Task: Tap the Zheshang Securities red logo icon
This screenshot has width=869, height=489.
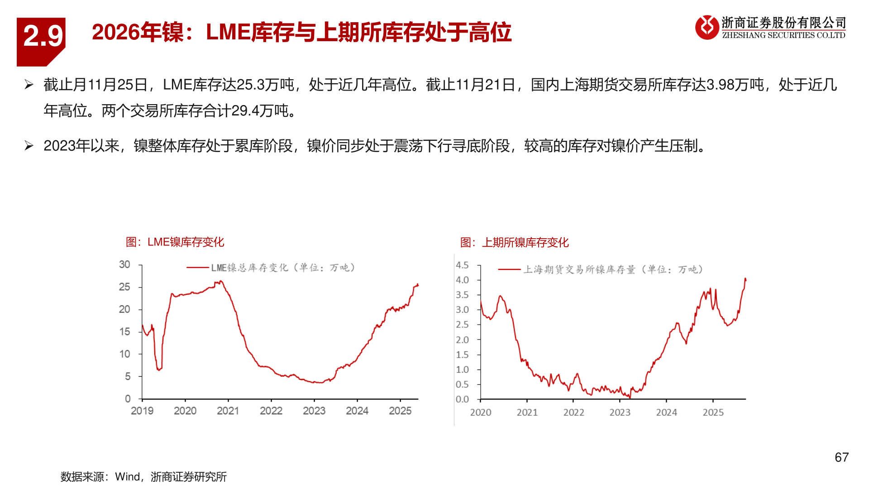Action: (707, 27)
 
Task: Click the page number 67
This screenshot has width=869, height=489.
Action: (841, 457)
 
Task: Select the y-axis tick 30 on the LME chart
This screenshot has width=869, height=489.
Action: (124, 264)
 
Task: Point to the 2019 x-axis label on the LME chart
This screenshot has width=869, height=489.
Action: (142, 411)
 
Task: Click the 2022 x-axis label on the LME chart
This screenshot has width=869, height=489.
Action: (271, 411)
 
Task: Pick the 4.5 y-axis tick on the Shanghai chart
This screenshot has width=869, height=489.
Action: (462, 265)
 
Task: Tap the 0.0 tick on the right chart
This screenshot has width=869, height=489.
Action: (462, 399)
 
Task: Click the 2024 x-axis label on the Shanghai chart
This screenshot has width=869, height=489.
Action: (667, 412)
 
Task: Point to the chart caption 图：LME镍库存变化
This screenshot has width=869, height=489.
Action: (175, 242)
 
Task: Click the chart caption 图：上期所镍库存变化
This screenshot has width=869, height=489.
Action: (515, 243)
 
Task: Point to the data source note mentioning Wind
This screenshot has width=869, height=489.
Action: (143, 477)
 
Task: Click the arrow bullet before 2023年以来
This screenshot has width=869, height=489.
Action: (29, 146)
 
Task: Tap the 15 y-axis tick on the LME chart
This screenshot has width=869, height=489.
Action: (124, 332)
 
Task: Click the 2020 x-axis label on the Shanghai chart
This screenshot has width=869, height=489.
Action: (481, 412)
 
